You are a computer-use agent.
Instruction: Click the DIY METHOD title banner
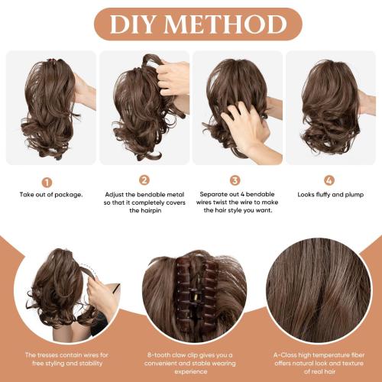point(190,24)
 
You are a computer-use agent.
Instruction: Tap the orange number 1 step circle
point(47,182)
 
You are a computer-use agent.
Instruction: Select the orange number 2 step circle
point(144,181)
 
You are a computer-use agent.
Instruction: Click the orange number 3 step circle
point(236,181)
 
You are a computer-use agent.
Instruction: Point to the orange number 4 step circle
point(329,181)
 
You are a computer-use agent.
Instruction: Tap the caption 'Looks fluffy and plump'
point(329,195)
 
